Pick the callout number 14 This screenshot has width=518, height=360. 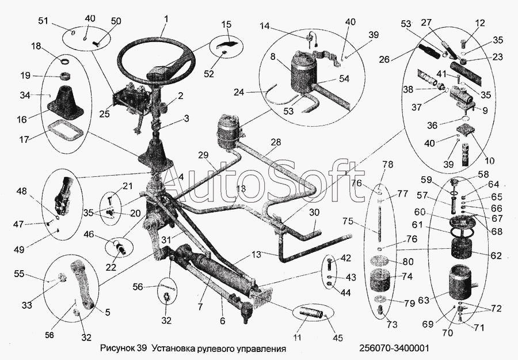[264, 26]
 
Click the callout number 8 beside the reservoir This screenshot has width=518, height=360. [273, 58]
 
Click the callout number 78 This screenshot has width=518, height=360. [387, 165]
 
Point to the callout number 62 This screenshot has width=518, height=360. [496, 255]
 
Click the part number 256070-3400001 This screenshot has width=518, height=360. [394, 348]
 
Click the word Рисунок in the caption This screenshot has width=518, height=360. [117, 348]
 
